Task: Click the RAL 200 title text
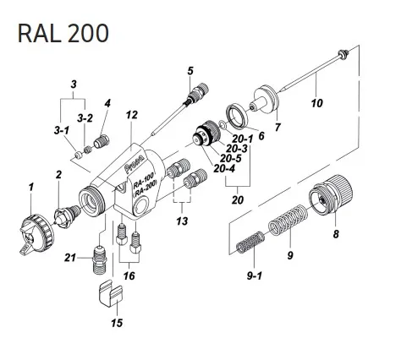coord(63,33)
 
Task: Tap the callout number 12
coord(130,115)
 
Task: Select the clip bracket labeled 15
coord(107,297)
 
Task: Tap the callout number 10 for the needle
coord(317,104)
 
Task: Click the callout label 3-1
coord(61,131)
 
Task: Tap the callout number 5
coord(190,70)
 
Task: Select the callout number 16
coord(129,275)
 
